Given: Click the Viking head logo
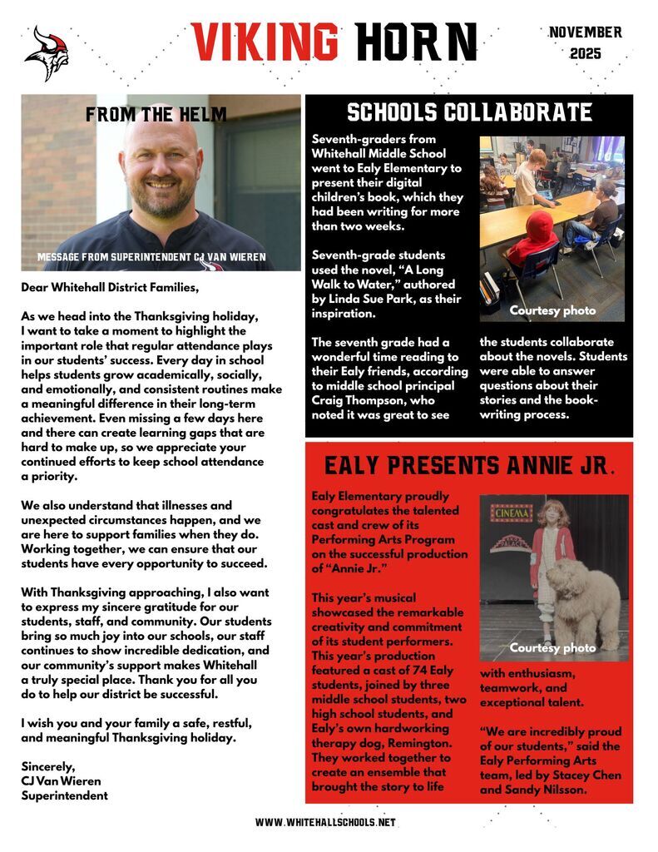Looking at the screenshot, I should point(47,53).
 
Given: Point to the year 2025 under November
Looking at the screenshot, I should point(586,54).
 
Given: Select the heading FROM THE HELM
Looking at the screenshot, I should point(156,114).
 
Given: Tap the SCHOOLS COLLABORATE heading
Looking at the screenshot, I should point(469,113).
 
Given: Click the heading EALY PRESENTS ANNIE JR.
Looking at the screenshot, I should point(469,465).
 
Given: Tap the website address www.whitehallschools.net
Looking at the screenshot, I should point(326,822).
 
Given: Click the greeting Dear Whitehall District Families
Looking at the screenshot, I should point(111,288).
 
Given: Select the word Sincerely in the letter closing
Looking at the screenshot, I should point(48,766).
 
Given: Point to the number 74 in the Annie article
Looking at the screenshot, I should point(396,668).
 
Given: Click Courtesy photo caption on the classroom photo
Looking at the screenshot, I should point(552,310).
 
